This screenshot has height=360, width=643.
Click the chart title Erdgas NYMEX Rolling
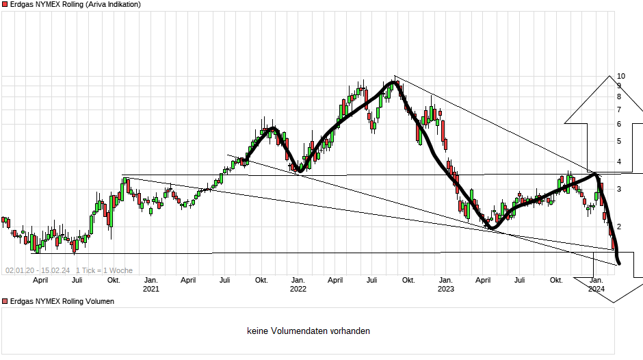pos(75,5)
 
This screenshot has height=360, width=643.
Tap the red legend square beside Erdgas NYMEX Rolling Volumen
pos(4,301)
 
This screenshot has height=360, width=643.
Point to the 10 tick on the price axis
pos(621,76)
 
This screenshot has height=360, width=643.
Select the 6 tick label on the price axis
pos(618,124)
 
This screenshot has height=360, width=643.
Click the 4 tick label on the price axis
pos(618,162)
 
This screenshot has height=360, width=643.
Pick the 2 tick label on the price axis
pos(618,227)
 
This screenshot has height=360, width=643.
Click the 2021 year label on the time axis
pos(150,289)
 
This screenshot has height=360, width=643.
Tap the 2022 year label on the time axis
pos(298,289)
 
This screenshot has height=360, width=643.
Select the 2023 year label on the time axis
pos(445,289)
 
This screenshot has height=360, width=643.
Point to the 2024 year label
pos(596,289)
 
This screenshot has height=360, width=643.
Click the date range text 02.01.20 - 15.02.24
pos(38,271)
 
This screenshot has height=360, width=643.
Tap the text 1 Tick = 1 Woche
pos(104,271)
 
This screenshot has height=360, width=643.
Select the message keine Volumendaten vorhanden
pos(309,331)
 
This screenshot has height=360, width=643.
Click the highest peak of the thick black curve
pos(393,83)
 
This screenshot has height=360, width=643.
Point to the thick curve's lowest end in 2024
pos(619,263)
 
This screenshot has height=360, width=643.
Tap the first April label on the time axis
pos(40,280)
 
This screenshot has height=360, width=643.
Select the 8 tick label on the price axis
pos(618,97)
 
